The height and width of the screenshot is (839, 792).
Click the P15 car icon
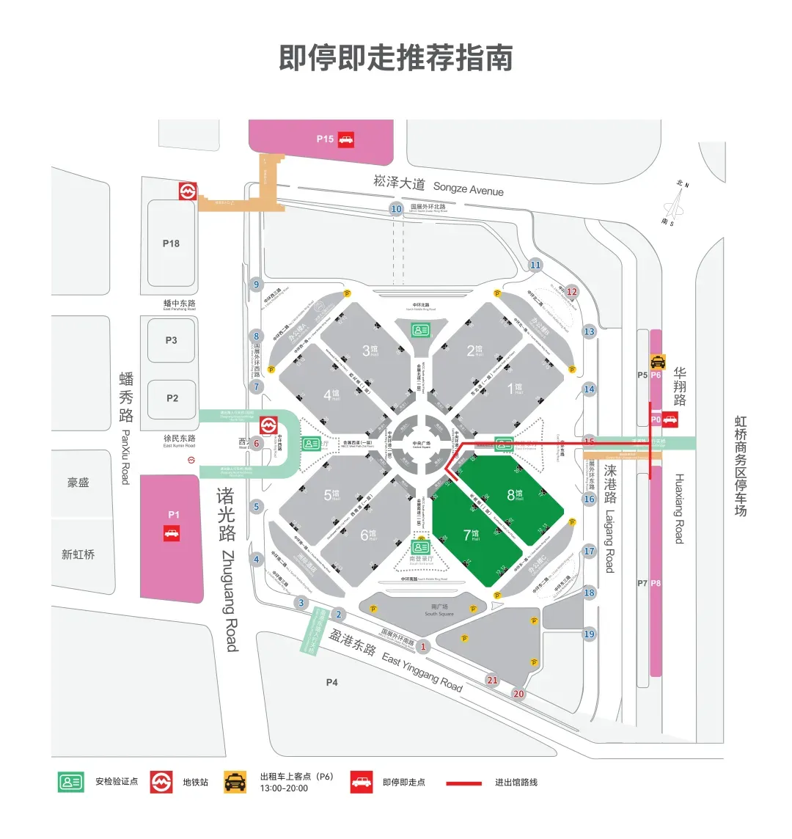[x=346, y=139]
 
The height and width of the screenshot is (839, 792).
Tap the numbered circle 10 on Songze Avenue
[x=396, y=209]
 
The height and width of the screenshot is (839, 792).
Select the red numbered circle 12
[x=572, y=292]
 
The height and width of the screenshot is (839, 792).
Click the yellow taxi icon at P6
[x=658, y=361]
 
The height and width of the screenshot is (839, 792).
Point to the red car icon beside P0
[x=670, y=420]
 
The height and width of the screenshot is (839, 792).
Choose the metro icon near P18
[x=188, y=191]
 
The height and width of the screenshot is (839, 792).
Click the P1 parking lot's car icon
[x=172, y=533]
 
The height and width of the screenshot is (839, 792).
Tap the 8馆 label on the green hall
[x=515, y=494]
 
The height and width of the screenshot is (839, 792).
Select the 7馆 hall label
[x=471, y=535]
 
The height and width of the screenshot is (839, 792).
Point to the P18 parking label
[x=171, y=243]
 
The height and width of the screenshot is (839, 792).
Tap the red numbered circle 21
[x=492, y=681]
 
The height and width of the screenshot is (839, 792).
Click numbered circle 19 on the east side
[x=589, y=634]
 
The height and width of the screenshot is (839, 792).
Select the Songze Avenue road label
[x=439, y=185]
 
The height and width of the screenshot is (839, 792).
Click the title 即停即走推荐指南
[x=395, y=58]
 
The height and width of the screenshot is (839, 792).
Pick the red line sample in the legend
[x=464, y=783]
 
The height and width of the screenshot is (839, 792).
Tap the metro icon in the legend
[x=161, y=783]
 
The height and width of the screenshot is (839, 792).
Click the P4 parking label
[x=332, y=683]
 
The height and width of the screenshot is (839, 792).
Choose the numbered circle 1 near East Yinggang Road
[x=423, y=647]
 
